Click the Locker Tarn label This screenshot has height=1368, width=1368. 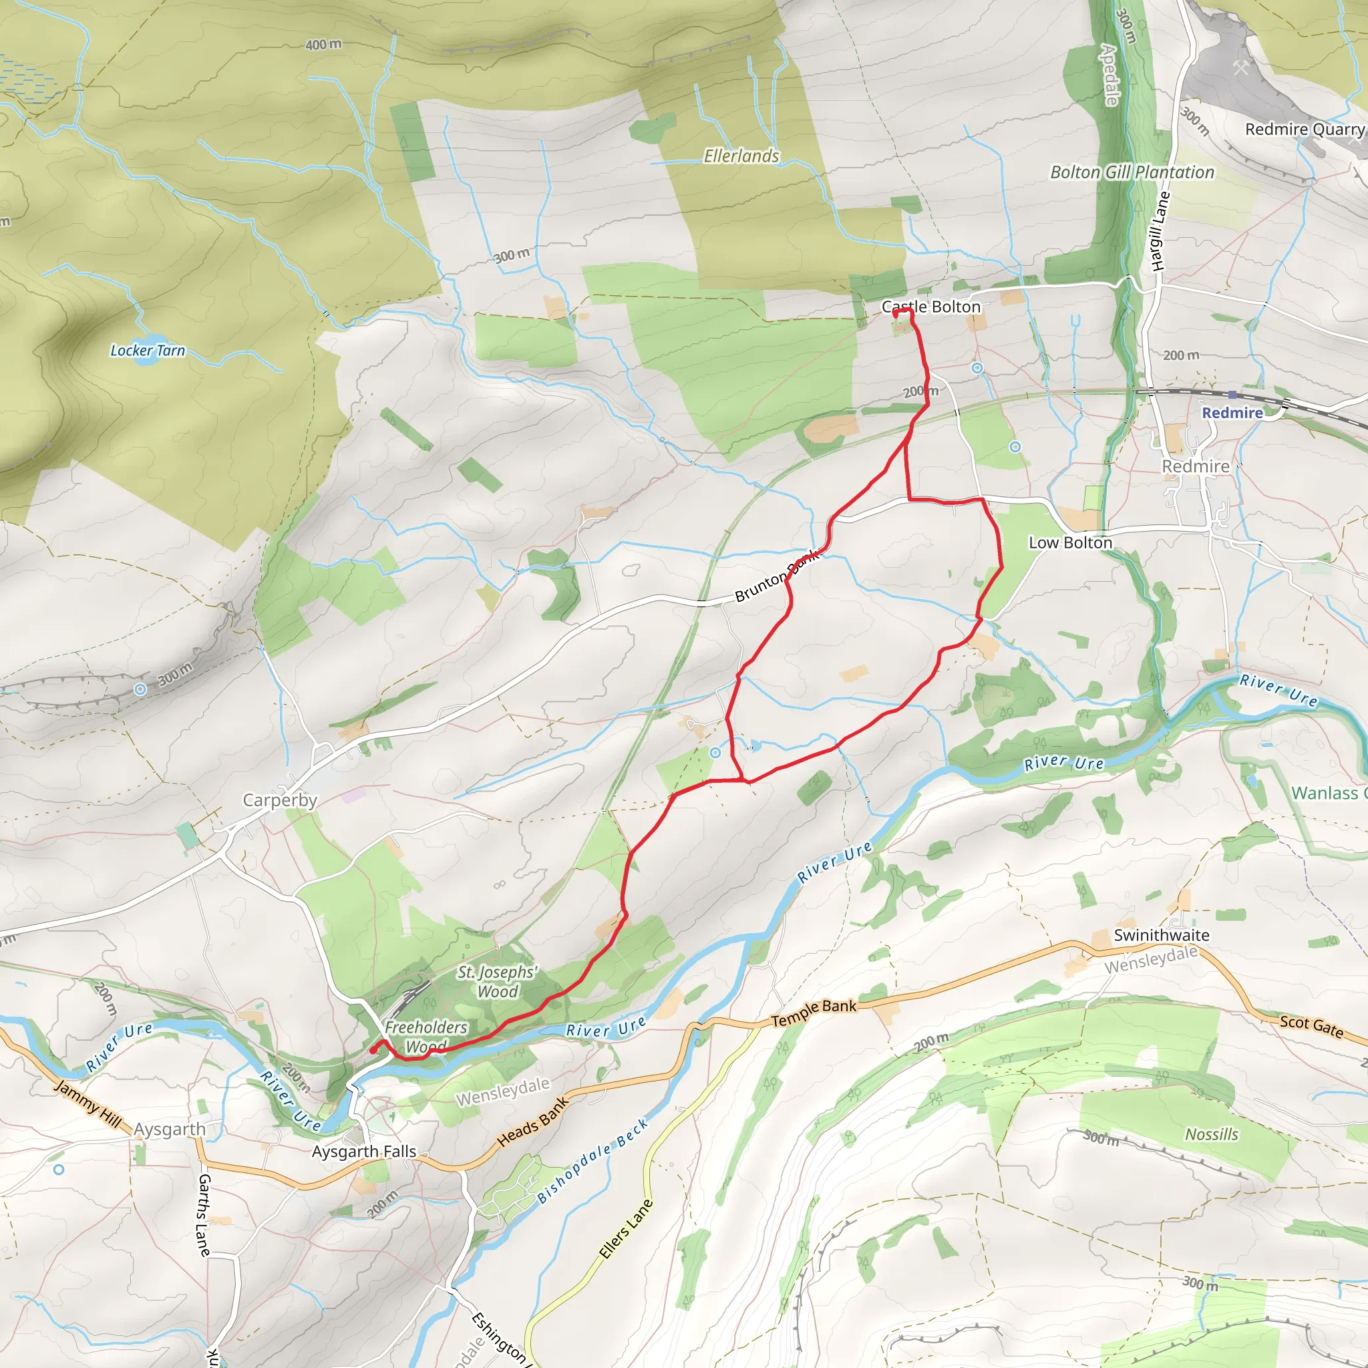(147, 351)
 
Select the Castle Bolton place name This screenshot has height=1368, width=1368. (930, 307)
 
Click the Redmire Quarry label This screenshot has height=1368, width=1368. (1304, 129)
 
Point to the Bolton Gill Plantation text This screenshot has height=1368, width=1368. (1132, 172)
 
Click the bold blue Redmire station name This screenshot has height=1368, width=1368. (1232, 413)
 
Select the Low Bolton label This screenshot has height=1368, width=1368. (1070, 542)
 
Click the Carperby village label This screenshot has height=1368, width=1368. (280, 800)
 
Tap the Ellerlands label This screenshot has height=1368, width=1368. (741, 156)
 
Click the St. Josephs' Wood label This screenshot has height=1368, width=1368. (497, 981)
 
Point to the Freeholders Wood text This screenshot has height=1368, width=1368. (425, 1036)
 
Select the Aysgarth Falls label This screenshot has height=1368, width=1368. (364, 1152)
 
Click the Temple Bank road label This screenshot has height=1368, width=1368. (814, 1013)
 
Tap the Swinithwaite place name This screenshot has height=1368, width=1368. (1161, 934)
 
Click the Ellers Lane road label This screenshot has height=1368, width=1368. (625, 1229)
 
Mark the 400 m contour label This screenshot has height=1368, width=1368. (323, 45)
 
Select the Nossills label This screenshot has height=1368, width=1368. (1212, 1134)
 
